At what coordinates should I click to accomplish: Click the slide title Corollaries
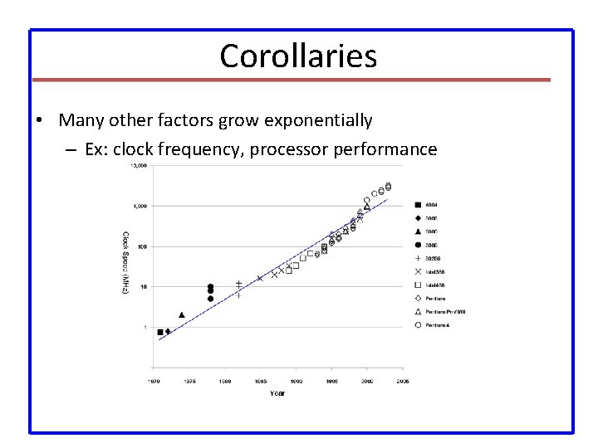coord(298,56)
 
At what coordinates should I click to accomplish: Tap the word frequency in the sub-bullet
coord(204,149)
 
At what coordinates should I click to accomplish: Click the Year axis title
coord(277,392)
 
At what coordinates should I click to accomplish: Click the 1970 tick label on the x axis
coord(154,382)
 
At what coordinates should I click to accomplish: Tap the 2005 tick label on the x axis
coord(402,382)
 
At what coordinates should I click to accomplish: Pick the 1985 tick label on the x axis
coord(260,382)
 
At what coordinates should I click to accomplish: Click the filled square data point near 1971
coord(160,332)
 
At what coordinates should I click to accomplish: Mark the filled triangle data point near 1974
coord(182,315)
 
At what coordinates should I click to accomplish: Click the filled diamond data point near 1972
coord(168,331)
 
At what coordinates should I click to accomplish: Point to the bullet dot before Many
coord(40,121)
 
